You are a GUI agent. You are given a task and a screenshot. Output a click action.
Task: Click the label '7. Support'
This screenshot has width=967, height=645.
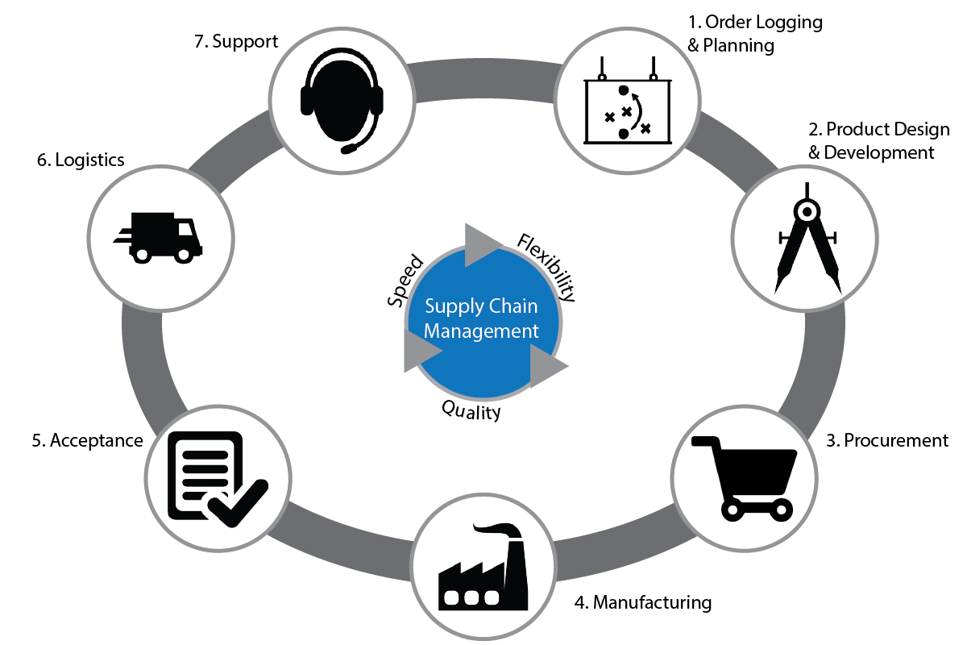coord(236,41)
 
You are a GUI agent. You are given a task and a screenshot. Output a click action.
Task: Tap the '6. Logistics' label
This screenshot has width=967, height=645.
coord(81,160)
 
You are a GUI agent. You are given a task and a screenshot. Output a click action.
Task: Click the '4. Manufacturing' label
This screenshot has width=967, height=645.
coord(643,602)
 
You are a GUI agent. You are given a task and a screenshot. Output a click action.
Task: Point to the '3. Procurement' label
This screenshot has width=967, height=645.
coord(887,441)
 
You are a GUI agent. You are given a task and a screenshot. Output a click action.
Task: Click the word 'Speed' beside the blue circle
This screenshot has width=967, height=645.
coord(405,280)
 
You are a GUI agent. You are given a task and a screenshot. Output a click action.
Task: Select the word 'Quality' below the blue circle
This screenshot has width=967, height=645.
coord(471,410)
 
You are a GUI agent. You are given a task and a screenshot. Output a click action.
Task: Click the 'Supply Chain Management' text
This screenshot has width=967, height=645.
coord(481,318)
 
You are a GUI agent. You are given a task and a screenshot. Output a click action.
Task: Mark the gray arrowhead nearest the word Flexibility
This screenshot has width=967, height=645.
coord(481,243)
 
